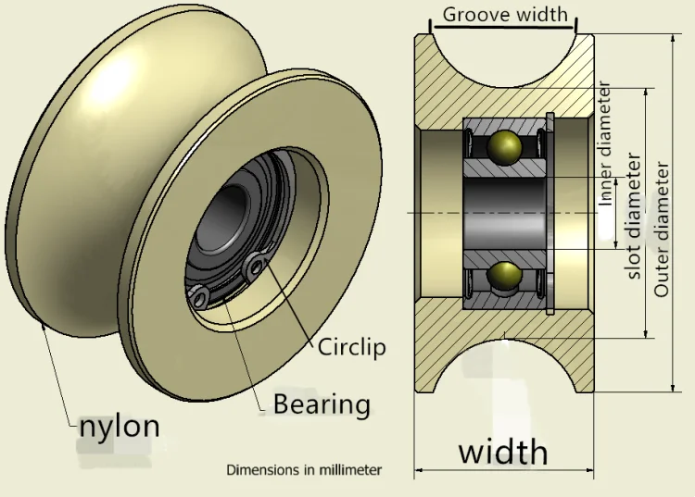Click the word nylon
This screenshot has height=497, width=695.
[x=119, y=427]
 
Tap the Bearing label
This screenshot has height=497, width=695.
[x=321, y=404]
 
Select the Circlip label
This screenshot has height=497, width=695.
[x=351, y=347]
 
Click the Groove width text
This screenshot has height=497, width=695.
[x=504, y=15]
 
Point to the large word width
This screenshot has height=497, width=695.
[x=502, y=452]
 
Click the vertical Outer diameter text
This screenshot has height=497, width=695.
[x=662, y=230]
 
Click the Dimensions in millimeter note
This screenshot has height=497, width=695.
[x=304, y=470]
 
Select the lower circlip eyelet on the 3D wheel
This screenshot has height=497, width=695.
[x=199, y=296]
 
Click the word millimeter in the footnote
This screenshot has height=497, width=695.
[x=349, y=470]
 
